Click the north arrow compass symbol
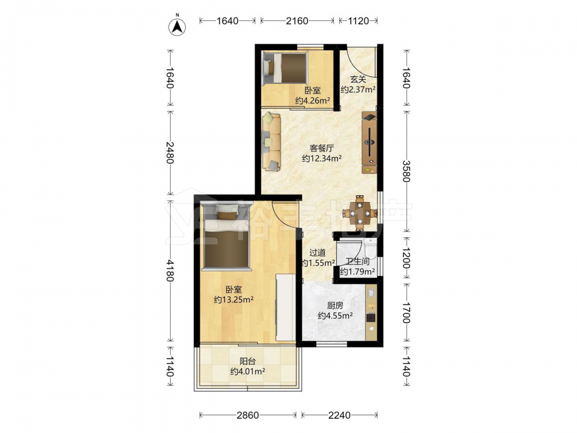(177, 27)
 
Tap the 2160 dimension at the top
(297, 21)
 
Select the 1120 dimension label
(358, 21)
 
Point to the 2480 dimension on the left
(170, 152)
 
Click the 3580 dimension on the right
(406, 171)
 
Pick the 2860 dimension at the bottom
(248, 415)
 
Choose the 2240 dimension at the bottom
(339, 415)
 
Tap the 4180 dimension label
(170, 270)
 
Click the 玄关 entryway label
(358, 79)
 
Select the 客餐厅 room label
(322, 148)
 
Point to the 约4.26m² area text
(312, 100)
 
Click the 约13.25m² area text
(234, 300)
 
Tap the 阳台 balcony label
(248, 361)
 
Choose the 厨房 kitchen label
(335, 305)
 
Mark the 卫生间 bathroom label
(357, 262)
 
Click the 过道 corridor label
(317, 253)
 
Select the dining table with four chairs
(359, 213)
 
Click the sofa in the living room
(272, 142)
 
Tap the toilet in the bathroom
(369, 248)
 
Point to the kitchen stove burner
(371, 317)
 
